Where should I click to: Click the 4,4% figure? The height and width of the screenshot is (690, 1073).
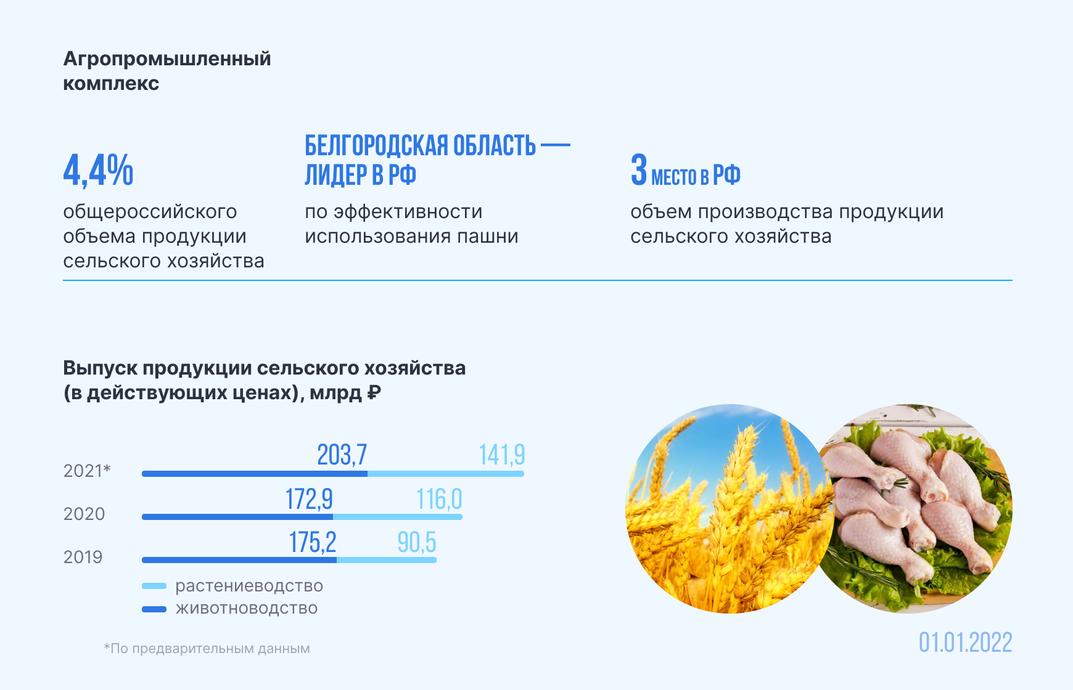click(98, 170)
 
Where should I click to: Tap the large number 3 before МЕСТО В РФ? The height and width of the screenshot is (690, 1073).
click(639, 169)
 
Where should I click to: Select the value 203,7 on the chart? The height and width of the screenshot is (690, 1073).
click(342, 455)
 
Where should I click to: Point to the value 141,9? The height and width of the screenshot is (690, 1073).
click(502, 455)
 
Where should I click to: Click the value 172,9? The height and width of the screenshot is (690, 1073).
click(309, 499)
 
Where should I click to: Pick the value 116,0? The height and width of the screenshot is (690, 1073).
click(439, 499)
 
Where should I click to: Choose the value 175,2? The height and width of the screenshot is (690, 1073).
click(313, 542)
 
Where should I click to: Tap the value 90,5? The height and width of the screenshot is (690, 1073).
click(417, 542)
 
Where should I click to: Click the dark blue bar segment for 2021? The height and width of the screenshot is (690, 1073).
click(255, 474)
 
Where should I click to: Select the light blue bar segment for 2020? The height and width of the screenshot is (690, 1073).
click(398, 517)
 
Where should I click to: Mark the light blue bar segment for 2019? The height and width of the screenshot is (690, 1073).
click(387, 560)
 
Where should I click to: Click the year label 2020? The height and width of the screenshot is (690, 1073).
click(84, 514)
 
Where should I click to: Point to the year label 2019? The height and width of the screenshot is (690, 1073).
click(83, 557)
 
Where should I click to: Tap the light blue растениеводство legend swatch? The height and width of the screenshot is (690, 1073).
click(154, 586)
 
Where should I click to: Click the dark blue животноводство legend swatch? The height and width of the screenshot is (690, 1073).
click(154, 609)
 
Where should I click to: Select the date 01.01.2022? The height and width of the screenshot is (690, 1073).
click(966, 643)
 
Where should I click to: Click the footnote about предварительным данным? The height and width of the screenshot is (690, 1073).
click(207, 649)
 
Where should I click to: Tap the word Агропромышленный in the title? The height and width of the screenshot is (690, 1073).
click(167, 59)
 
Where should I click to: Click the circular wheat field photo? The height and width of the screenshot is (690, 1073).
click(730, 509)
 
